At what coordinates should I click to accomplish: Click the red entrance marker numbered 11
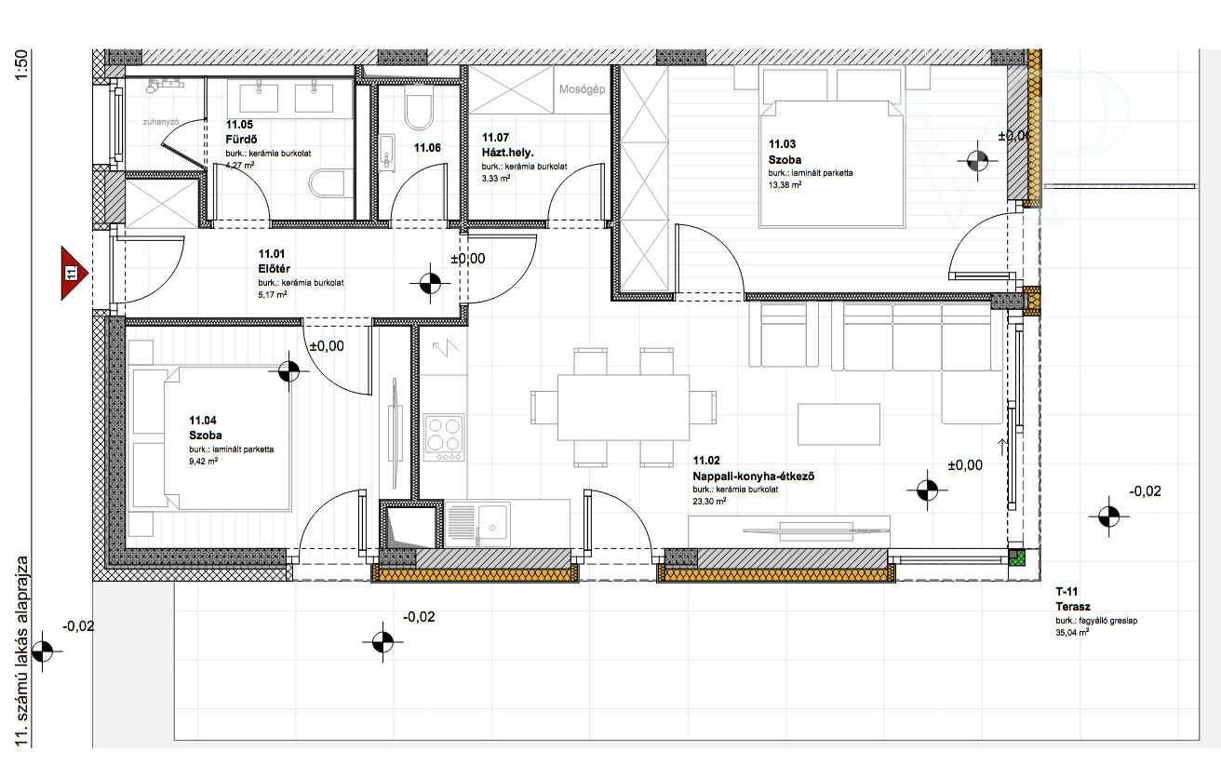pos(74,273)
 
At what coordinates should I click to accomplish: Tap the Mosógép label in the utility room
pos(582,88)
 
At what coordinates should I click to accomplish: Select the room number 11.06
pos(427,148)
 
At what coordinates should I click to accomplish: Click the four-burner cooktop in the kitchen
pos(444,437)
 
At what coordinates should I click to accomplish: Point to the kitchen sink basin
pos(491,523)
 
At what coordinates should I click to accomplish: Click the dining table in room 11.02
pos(623,408)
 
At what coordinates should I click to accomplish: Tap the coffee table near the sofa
pos(839,424)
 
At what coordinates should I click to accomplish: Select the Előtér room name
pos(275,269)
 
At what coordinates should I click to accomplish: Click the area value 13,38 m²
pos(785,185)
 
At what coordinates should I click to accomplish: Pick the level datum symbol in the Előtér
pos(430,283)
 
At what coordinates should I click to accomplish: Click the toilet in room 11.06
pos(419,113)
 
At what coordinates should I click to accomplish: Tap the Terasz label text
pos(1073,607)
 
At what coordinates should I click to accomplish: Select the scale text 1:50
pos(21,65)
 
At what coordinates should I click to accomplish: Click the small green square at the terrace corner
pos(1016,557)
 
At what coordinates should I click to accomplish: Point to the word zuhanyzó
pos(161,122)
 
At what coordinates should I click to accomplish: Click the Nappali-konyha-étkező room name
pos(753,476)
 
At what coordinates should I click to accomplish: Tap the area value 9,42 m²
pos(203,462)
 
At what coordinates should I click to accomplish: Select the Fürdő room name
pos(241,139)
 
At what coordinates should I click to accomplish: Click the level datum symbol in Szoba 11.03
pos(977,161)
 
